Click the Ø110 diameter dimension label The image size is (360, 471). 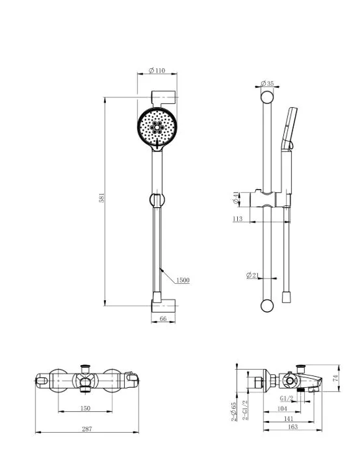[157, 70]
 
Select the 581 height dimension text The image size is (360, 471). [101, 197]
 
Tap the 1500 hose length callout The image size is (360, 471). [183, 280]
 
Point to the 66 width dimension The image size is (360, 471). [163, 318]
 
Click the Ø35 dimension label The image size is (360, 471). [267, 83]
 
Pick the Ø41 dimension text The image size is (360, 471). [236, 197]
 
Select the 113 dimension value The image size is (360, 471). [237, 219]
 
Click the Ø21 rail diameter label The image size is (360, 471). [252, 275]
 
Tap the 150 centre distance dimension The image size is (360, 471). [85, 408]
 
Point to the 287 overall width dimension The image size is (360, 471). [87, 429]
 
